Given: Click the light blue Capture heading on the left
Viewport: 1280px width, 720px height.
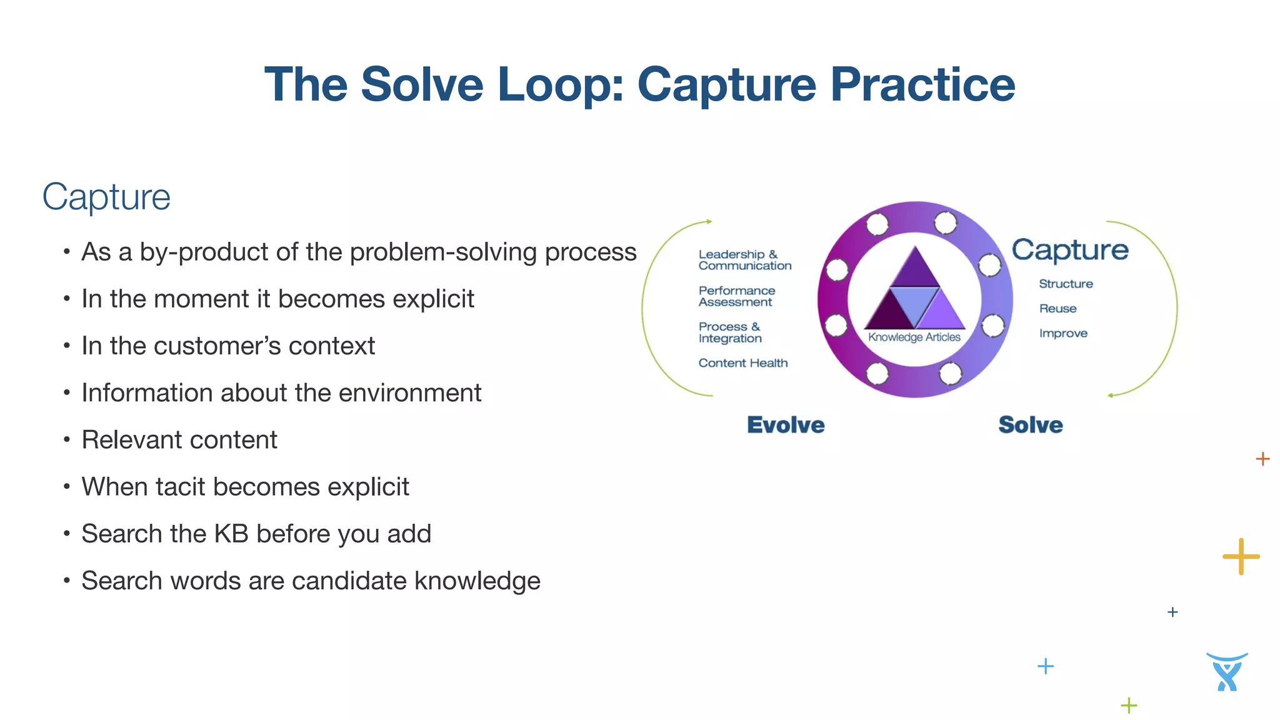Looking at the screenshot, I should click(x=106, y=197).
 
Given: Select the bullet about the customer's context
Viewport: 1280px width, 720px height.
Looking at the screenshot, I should click(x=228, y=346).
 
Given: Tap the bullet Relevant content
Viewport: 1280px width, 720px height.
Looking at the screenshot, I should click(x=179, y=440).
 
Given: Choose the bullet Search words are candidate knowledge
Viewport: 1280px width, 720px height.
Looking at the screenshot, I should click(x=311, y=581).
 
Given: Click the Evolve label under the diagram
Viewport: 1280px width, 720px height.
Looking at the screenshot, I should click(x=786, y=425).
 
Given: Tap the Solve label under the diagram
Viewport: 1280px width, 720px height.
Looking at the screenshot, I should click(x=1030, y=425).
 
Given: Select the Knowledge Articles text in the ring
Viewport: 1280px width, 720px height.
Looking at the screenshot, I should click(x=914, y=337).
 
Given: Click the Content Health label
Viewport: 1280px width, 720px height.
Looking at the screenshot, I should click(x=742, y=363).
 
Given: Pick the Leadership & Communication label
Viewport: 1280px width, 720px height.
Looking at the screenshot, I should click(x=744, y=260).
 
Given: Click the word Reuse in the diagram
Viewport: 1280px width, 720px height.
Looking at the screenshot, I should click(x=1057, y=309).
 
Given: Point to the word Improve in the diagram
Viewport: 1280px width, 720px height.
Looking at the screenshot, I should click(x=1062, y=334).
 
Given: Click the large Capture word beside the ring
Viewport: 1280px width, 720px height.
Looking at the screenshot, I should click(x=1070, y=250).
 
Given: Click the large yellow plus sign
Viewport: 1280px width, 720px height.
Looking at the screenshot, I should click(x=1241, y=556).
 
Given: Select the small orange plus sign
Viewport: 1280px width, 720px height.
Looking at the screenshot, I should click(x=1262, y=459).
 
